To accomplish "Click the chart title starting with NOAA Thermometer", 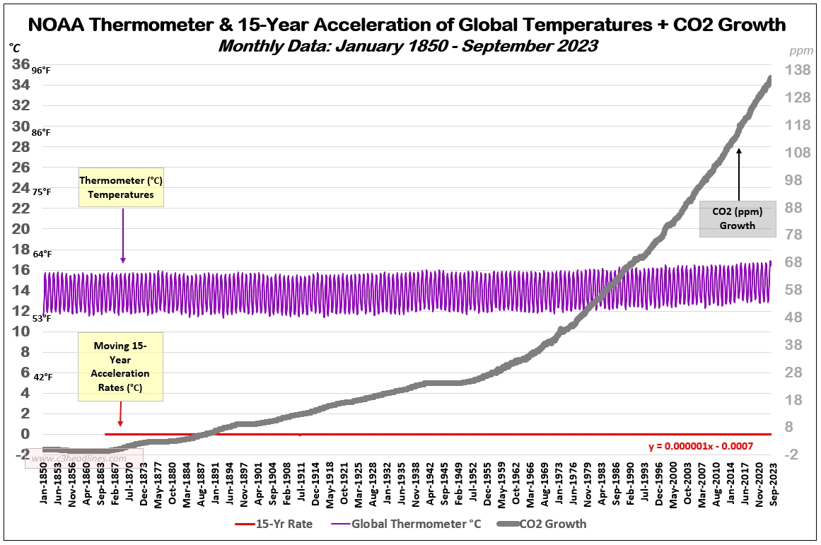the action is (x=407, y=25).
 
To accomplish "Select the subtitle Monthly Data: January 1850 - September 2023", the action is (x=408, y=46).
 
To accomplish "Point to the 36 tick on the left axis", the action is (x=21, y=64).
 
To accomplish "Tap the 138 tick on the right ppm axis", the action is (x=798, y=70).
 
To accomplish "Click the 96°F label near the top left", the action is (x=41, y=71).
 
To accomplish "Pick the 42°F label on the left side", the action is (x=43, y=377).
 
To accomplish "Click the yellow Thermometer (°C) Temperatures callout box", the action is (x=121, y=187).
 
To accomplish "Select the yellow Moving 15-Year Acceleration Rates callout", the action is (x=120, y=366).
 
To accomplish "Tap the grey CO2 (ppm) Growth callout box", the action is (x=738, y=218).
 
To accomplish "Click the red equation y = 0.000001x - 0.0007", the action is (x=701, y=446).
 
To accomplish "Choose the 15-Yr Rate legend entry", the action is (x=274, y=524).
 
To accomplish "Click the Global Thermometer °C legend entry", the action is (x=407, y=524).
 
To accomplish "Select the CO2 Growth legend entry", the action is (x=542, y=524).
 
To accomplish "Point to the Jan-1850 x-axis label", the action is (x=44, y=484).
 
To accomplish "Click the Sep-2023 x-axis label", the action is (x=774, y=484).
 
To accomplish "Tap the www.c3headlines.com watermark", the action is (x=79, y=459).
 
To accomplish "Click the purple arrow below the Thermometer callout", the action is (x=123, y=235).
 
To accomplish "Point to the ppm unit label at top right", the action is (x=801, y=51).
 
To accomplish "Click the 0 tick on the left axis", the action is (x=25, y=433).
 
